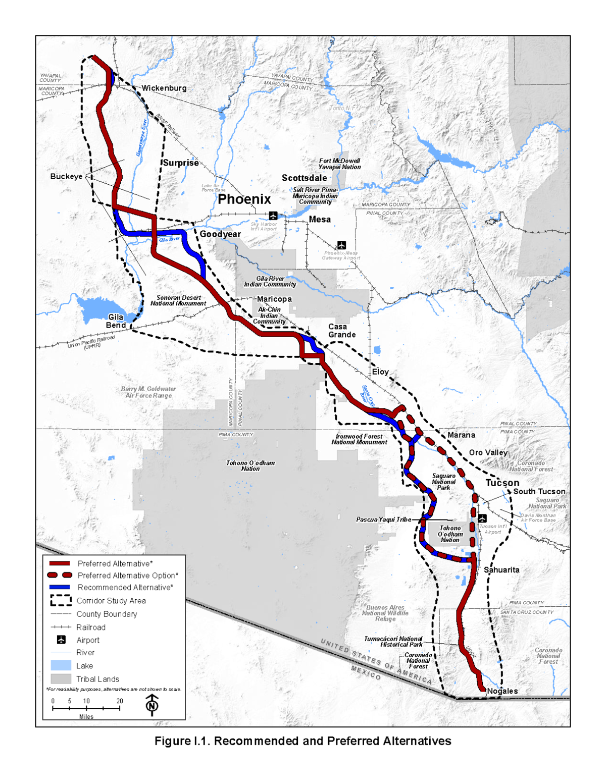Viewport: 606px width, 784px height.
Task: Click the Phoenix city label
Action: pos(244,199)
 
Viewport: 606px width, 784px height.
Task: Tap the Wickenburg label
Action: pos(164,88)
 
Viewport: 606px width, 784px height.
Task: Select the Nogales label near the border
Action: pos(502,691)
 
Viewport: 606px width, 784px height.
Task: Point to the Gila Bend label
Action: pos(116,321)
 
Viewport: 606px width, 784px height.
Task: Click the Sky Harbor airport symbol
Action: pos(273,216)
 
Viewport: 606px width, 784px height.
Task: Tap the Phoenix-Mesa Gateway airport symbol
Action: pos(341,245)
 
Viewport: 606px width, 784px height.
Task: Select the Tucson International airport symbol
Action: pos(482,518)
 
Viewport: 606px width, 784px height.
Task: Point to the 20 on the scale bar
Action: pos(120,701)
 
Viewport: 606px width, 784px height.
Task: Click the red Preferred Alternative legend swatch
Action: pos(60,563)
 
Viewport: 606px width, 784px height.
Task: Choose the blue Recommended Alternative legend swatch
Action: pos(60,587)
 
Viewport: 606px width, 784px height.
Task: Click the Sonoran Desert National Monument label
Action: pos(178,300)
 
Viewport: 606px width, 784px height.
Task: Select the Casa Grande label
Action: pos(342,331)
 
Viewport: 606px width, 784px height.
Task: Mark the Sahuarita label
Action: pos(501,569)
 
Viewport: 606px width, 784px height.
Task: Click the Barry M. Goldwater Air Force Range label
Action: pos(148,392)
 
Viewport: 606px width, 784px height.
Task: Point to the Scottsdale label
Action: pos(304,178)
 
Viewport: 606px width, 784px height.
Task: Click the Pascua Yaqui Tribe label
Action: pos(383,519)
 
